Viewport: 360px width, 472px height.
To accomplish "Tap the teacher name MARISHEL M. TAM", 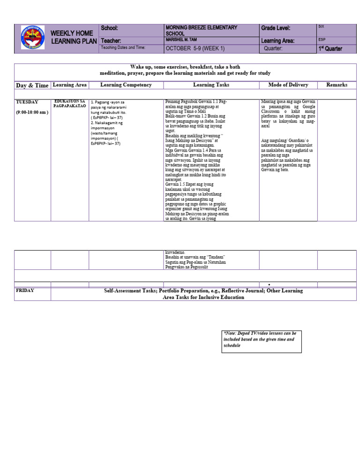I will click(x=184, y=40).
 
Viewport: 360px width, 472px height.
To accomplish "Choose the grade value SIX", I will click(x=321, y=27).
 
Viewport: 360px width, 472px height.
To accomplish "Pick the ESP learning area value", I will click(x=322, y=40).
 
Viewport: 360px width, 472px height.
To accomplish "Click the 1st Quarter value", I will click(x=330, y=49).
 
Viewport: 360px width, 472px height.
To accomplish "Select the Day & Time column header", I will click(x=32, y=85).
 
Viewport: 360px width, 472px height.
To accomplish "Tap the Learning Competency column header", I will click(x=126, y=85).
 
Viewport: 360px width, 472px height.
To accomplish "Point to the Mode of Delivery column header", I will click(x=288, y=85).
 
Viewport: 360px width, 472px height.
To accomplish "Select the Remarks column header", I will click(x=337, y=85).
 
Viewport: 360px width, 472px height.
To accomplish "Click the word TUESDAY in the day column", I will click(x=27, y=102).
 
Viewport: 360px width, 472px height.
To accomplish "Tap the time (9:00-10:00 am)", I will click(x=32, y=113).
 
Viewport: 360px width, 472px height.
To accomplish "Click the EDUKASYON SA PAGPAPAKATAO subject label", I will click(x=70, y=104).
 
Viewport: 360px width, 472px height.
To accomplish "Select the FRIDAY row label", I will click(x=25, y=290).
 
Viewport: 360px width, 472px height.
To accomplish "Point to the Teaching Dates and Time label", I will click(x=123, y=48).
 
